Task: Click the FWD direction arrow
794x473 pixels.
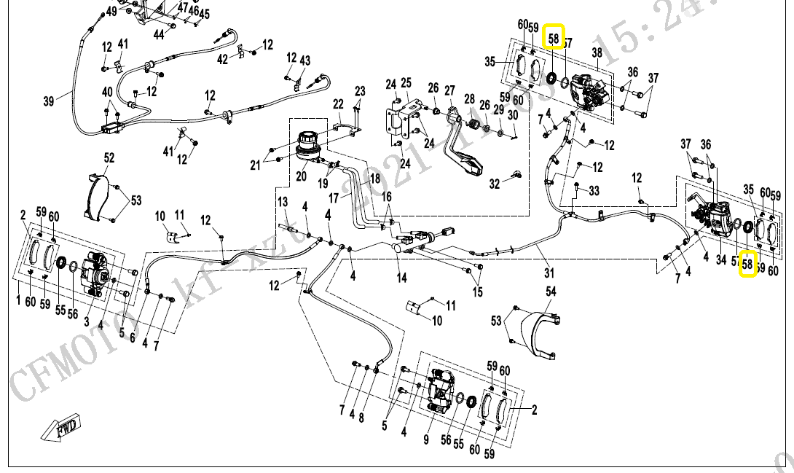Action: coord(62,428)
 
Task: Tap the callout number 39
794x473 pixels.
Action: coord(49,101)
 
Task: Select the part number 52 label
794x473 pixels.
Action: coord(109,157)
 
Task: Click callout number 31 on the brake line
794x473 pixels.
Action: coord(549,273)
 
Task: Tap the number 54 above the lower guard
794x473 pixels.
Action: coord(551,292)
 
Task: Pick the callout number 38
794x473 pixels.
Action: coord(597,52)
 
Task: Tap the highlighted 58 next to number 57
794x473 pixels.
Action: coord(554,37)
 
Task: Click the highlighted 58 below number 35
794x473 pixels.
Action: coord(747,264)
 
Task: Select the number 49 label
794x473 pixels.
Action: coord(111,12)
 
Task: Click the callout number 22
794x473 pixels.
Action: coord(338,103)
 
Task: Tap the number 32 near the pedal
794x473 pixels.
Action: coord(495,184)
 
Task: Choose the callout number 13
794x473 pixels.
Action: coord(283,202)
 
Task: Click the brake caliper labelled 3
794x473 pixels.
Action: coord(96,273)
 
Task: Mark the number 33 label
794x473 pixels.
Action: coord(594,191)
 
